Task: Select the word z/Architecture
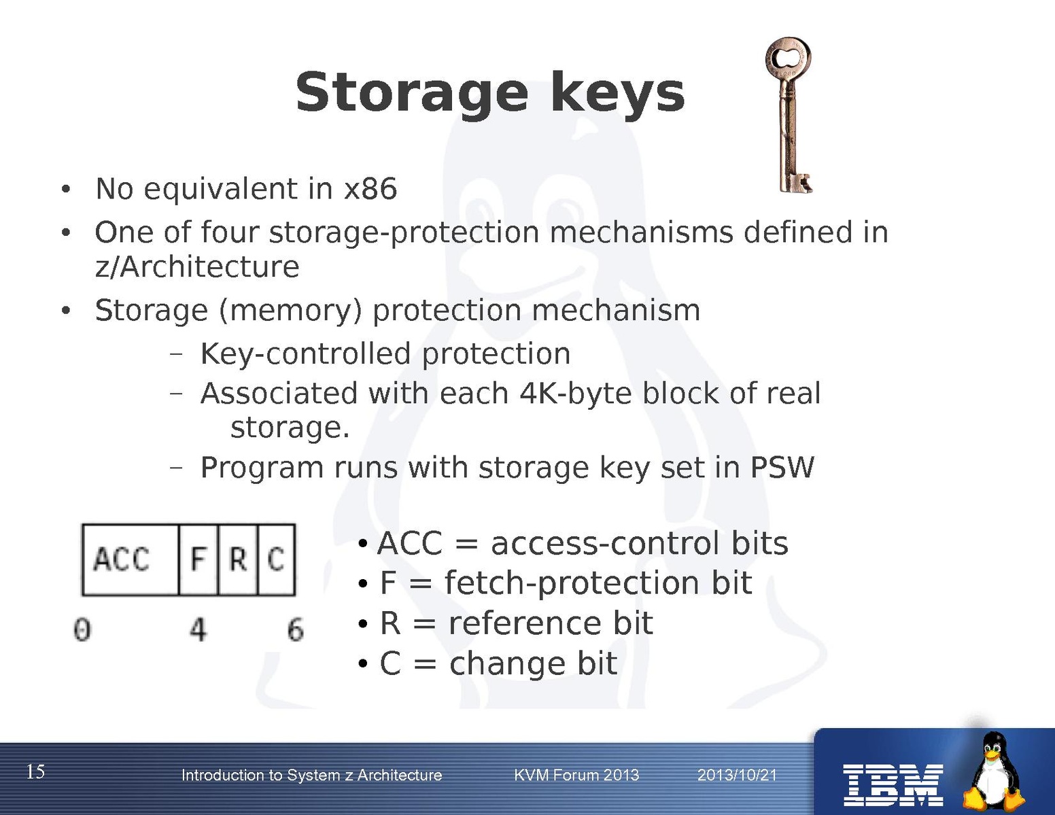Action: pyautogui.click(x=197, y=266)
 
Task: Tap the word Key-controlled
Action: pyautogui.click(x=306, y=353)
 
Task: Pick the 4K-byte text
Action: pyautogui.click(x=575, y=393)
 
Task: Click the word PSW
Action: pyautogui.click(x=782, y=468)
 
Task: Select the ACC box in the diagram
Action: pyautogui.click(x=131, y=559)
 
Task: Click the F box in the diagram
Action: pyautogui.click(x=198, y=559)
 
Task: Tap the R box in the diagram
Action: pyautogui.click(x=238, y=559)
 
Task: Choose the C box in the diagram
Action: pyautogui.click(x=276, y=559)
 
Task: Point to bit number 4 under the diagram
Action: pyautogui.click(x=198, y=629)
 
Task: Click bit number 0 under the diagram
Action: pyautogui.click(x=82, y=629)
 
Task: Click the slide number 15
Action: pyautogui.click(x=35, y=771)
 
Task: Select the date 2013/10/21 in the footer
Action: pyautogui.click(x=737, y=775)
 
